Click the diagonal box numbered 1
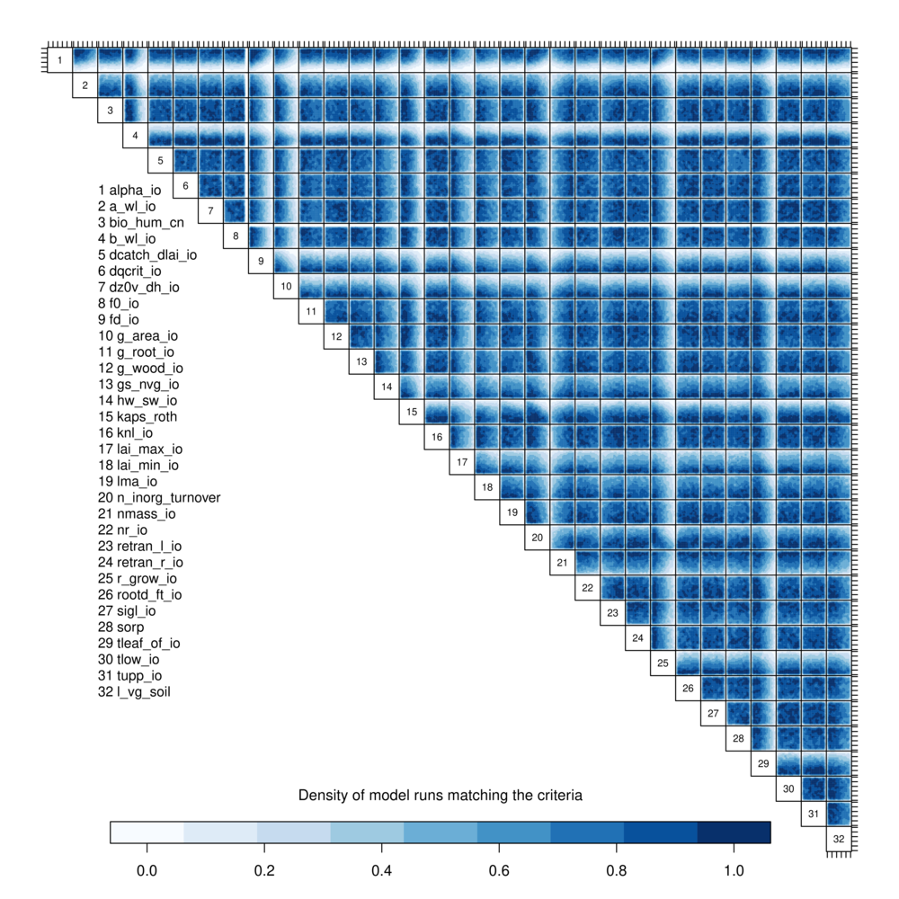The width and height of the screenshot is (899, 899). point(59,60)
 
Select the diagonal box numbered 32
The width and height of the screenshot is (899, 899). point(839,839)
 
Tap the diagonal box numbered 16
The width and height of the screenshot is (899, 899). point(437,437)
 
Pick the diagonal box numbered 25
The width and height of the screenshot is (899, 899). point(663,663)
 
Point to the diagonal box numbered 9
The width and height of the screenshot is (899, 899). point(261,261)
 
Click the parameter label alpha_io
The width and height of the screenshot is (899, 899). point(129,190)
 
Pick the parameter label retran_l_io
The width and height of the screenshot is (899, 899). point(140,546)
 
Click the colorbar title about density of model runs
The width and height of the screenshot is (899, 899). point(441,796)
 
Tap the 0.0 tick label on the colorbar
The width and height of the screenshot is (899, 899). point(147,871)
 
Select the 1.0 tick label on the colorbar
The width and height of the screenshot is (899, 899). point(734,871)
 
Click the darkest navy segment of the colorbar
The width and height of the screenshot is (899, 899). point(734,832)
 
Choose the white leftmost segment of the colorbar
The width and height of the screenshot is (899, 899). point(147,832)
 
